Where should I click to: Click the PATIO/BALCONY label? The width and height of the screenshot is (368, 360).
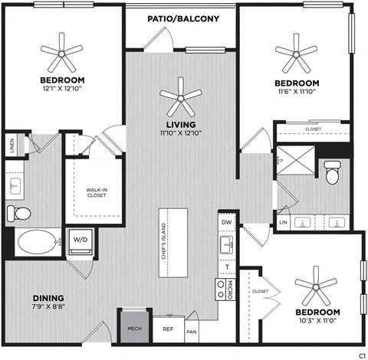click(182, 18)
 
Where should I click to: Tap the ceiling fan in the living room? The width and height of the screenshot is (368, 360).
click(181, 95)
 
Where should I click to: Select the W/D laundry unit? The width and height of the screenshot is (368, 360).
click(80, 240)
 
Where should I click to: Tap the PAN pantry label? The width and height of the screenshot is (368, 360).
click(191, 332)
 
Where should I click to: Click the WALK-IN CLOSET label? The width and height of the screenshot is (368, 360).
click(96, 192)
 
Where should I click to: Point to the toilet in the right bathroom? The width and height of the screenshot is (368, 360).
click(332, 175)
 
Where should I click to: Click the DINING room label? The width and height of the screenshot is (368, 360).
click(48, 298)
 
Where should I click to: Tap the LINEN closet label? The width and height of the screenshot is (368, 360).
click(11, 144)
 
